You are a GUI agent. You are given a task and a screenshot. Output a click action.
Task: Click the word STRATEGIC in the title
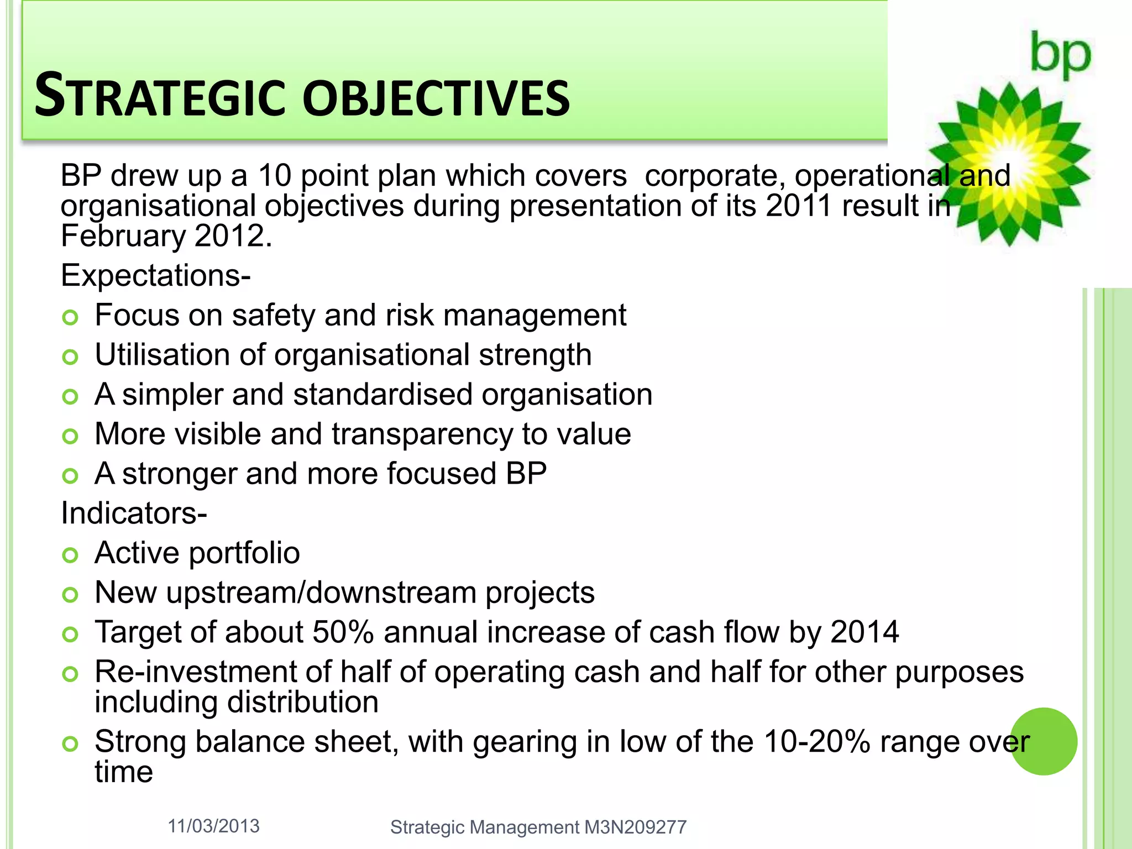(x=159, y=97)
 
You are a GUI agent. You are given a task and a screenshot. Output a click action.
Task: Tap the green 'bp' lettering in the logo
(x=1060, y=55)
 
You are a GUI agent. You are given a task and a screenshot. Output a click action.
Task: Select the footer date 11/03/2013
(x=213, y=826)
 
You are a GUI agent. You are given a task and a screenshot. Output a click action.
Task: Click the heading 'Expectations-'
(x=155, y=275)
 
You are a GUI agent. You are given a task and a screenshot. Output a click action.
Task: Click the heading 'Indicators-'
(x=134, y=513)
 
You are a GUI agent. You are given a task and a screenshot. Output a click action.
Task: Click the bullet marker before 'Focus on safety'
(x=70, y=317)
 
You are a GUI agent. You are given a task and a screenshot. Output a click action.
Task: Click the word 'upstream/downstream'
(x=321, y=593)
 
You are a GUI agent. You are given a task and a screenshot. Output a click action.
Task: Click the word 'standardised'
(x=382, y=395)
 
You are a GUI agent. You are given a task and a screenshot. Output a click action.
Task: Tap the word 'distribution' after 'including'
(x=303, y=702)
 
